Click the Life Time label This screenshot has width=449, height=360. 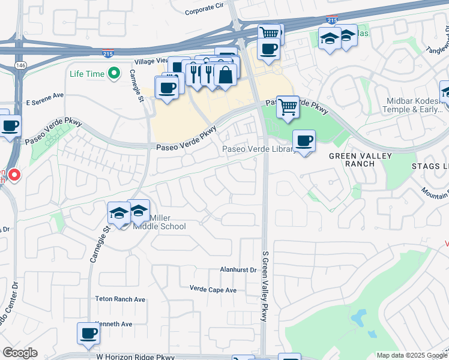[x=86, y=74]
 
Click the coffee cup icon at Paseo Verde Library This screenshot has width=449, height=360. [x=304, y=141]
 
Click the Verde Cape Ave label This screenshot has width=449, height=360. [x=213, y=290]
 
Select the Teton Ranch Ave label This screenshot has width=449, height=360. [x=120, y=299]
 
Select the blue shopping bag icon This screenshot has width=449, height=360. [x=225, y=75]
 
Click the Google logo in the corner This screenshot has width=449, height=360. [x=20, y=352]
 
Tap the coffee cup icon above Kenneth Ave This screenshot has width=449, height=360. [x=88, y=333]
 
